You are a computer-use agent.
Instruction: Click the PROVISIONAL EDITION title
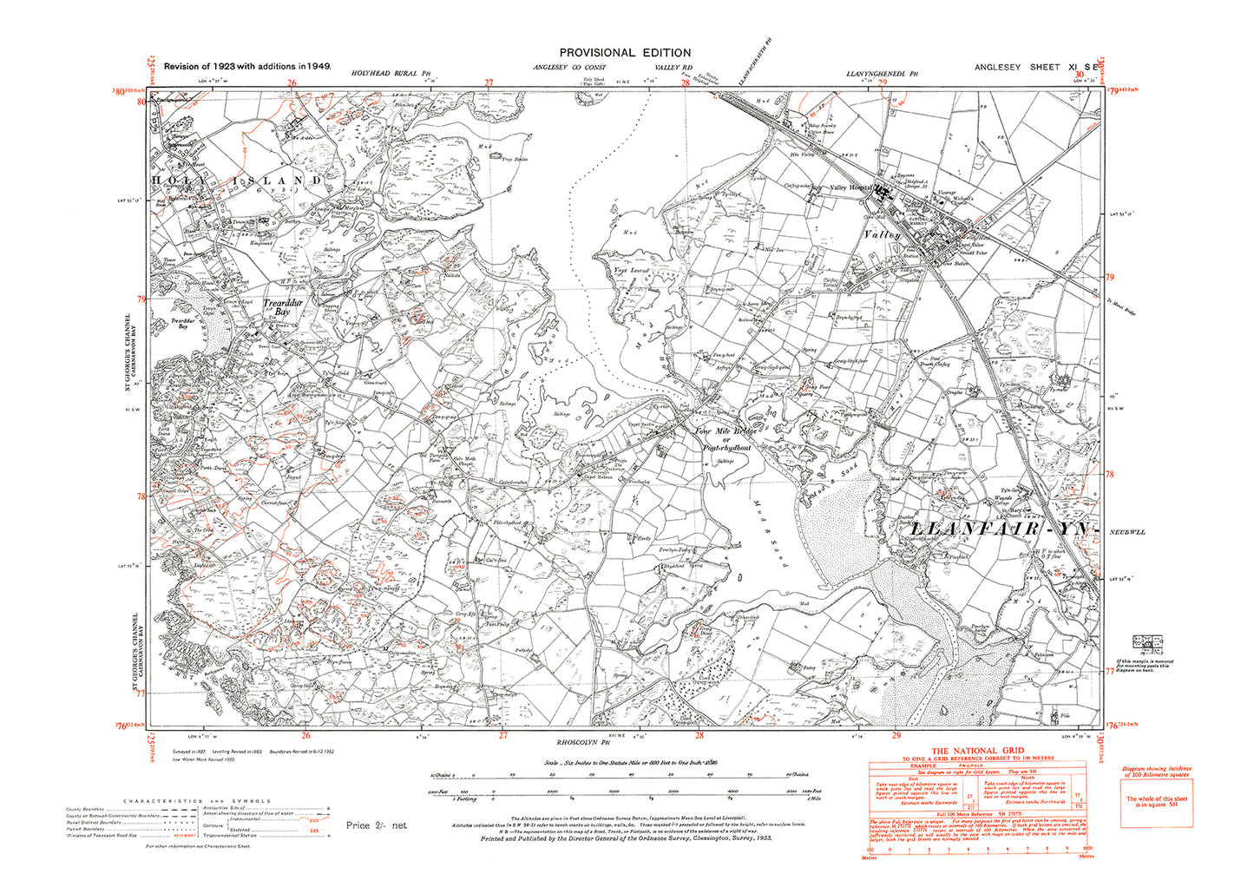pos(625,53)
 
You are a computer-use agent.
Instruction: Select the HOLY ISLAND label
pos(238,180)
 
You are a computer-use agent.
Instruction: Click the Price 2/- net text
pos(376,825)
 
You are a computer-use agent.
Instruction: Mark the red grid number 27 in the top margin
pos(489,83)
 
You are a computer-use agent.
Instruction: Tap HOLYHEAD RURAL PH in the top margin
pos(391,75)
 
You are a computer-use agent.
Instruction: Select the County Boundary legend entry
pos(87,810)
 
